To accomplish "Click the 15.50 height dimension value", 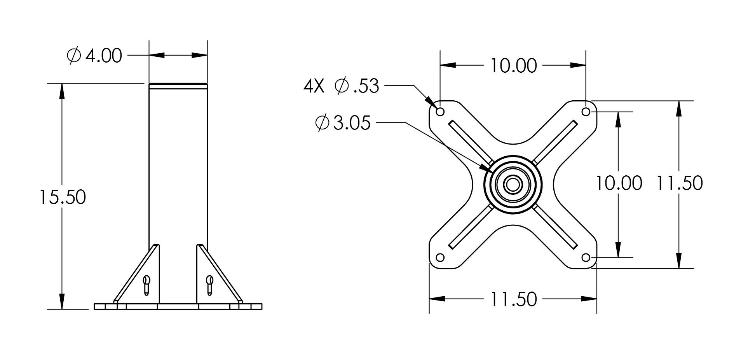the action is pos(62,197).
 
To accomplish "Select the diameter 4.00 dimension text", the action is pos(94,56).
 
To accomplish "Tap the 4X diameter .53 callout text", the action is pos(341,86).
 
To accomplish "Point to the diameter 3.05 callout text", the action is pos(343,123).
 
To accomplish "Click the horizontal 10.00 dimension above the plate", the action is pos(513,66).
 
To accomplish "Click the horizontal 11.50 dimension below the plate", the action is pos(513,299).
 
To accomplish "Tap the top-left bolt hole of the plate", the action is pos(440,112).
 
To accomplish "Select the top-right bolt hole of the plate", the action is pos(586,112).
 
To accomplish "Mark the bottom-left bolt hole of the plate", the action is pos(440,257).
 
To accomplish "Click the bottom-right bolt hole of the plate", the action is pos(586,257).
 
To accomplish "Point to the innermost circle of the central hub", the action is pos(513,185).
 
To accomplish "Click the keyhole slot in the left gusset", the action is pos(146,285).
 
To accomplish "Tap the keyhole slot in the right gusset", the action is pos(210,285).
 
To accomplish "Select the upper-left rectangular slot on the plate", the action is pos(471,143).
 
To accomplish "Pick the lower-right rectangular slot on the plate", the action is pos(555,227).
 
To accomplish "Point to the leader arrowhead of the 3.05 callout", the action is pos(485,168).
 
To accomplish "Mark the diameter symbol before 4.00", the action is pos(74,56).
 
